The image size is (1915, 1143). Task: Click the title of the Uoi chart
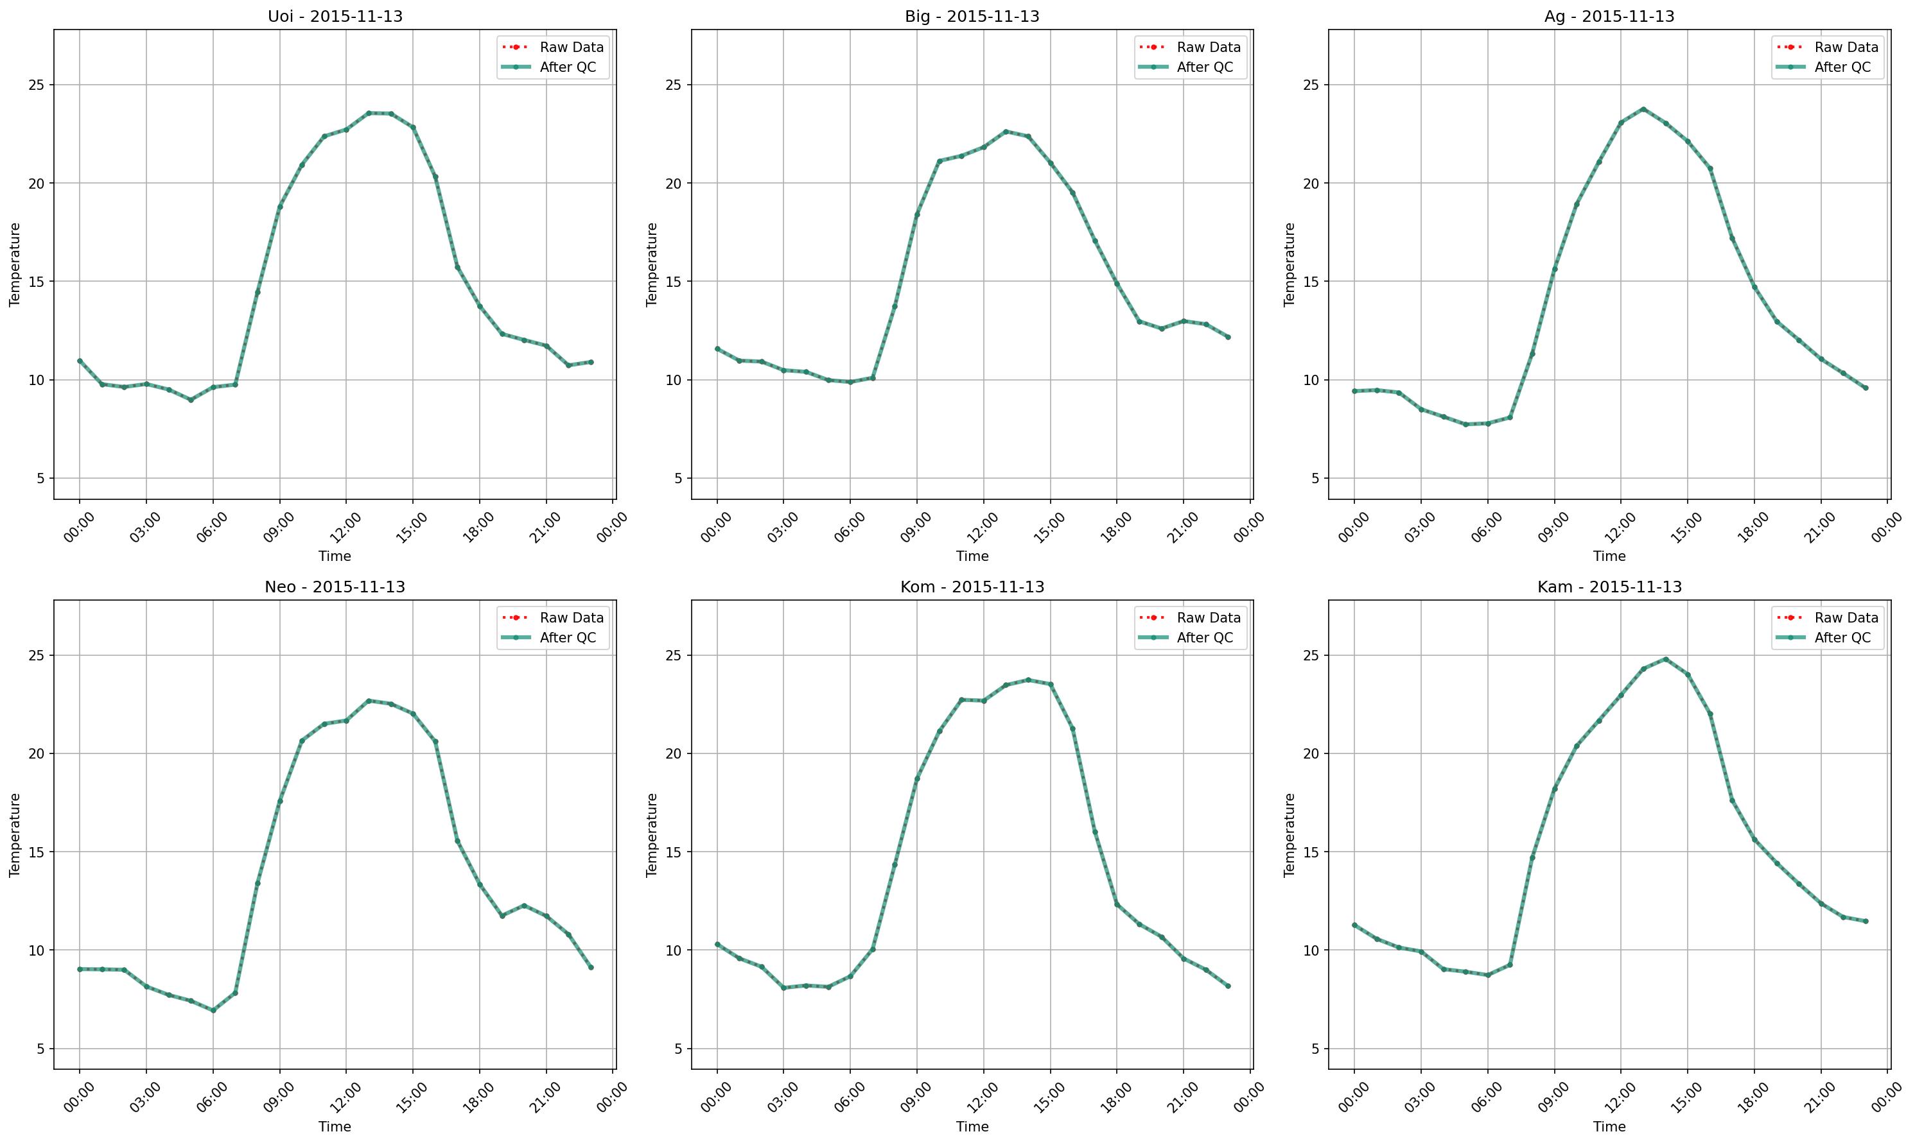pyautogui.click(x=335, y=16)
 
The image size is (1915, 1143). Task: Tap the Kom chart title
pyautogui.click(x=972, y=587)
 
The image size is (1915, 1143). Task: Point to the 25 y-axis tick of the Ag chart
pyautogui.click(x=1311, y=85)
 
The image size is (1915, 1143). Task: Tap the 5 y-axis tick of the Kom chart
pyautogui.click(x=678, y=1048)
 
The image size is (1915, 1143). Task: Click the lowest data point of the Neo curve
pyautogui.click(x=213, y=1011)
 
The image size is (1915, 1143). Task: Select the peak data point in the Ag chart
pyautogui.click(x=1642, y=109)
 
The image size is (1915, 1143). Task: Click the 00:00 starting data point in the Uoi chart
pyautogui.click(x=80, y=361)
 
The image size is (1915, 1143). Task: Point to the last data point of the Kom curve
pyautogui.click(x=1228, y=986)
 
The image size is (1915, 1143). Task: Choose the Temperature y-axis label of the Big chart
pyautogui.click(x=652, y=264)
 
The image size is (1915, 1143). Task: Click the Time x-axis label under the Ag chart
pyautogui.click(x=1609, y=556)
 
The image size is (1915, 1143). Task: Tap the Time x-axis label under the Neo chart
pyautogui.click(x=335, y=1127)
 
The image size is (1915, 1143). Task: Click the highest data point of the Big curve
pyautogui.click(x=1005, y=132)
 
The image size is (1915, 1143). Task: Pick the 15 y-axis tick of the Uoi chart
pyautogui.click(x=36, y=281)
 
